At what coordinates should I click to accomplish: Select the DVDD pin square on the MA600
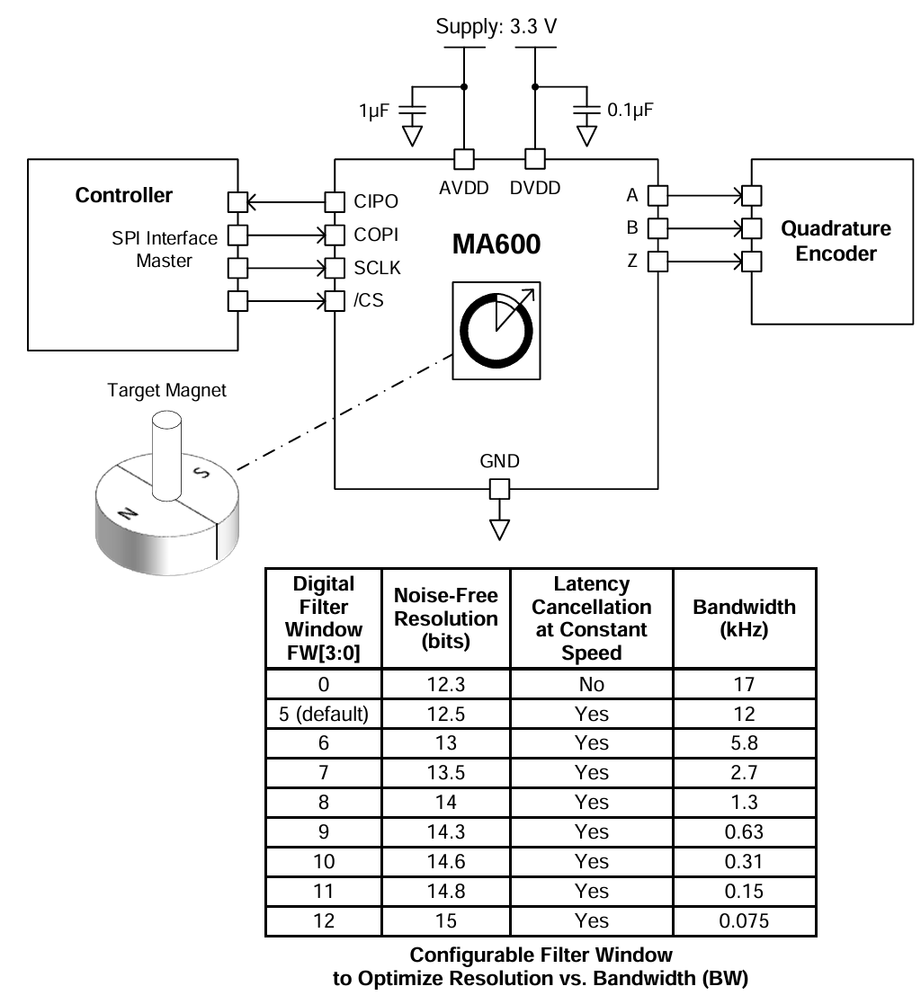pos(535,159)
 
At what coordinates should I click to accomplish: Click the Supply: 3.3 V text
pos(496,25)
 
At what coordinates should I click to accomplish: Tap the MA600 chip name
pos(496,244)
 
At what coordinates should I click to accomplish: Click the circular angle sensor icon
pos(496,329)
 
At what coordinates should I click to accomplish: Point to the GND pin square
pos(498,489)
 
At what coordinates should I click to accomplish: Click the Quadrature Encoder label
pos(836,241)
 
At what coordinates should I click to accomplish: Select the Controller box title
pos(124,195)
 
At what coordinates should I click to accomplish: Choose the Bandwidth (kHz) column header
pos(744,618)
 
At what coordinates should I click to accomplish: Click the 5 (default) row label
pos(324,715)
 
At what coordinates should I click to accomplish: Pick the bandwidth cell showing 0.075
pos(744,921)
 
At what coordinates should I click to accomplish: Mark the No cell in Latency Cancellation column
pos(591,685)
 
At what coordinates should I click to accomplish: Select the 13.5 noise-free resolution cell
pos(445,773)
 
